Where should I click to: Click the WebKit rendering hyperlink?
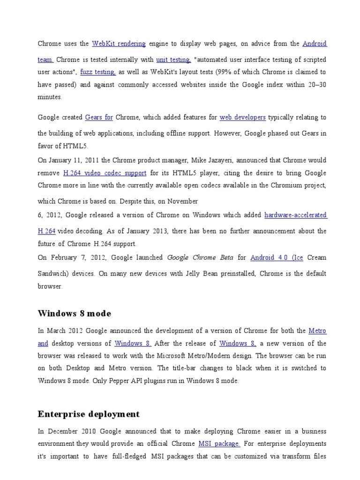[x=119, y=44]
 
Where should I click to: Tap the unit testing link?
[x=173, y=60]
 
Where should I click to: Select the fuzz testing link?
[x=98, y=72]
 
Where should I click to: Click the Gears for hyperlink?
[x=99, y=117]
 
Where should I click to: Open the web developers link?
[x=243, y=117]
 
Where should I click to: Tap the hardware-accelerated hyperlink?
[x=295, y=215]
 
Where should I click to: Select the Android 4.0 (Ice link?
[x=277, y=257]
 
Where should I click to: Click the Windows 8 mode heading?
[x=75, y=313]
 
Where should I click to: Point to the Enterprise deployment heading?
[x=89, y=414]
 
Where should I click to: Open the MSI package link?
[x=219, y=443]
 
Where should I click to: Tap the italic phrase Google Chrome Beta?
[x=198, y=257]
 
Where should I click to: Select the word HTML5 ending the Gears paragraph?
[x=78, y=146]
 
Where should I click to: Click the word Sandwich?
[x=52, y=274]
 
